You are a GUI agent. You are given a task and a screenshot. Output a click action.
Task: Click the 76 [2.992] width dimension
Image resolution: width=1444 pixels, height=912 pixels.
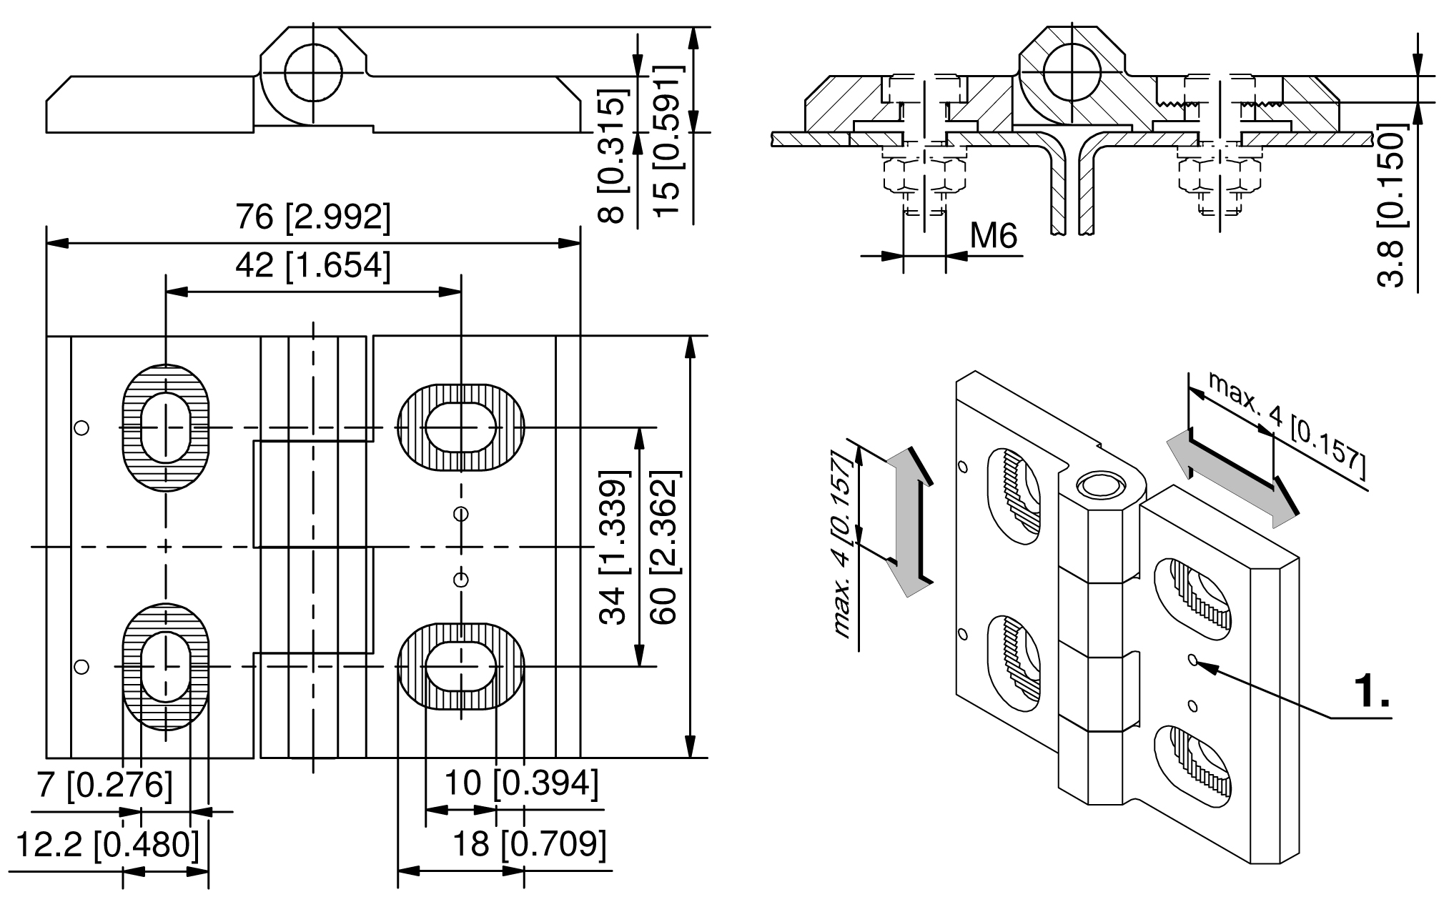(x=313, y=217)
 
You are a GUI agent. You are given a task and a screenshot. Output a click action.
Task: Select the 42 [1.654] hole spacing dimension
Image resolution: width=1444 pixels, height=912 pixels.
(x=313, y=266)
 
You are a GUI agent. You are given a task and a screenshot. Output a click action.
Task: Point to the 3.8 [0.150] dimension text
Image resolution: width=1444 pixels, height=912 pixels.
(x=1390, y=206)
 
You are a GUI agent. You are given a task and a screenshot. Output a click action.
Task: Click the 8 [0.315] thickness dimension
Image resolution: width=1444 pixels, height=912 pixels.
(x=613, y=156)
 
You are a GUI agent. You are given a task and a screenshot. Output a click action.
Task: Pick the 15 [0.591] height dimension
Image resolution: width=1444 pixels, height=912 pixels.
(x=668, y=141)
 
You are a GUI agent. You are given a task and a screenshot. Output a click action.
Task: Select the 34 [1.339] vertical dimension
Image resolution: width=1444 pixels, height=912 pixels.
(x=613, y=547)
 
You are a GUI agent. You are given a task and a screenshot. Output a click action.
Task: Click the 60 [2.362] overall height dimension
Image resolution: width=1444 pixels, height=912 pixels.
(x=664, y=547)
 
